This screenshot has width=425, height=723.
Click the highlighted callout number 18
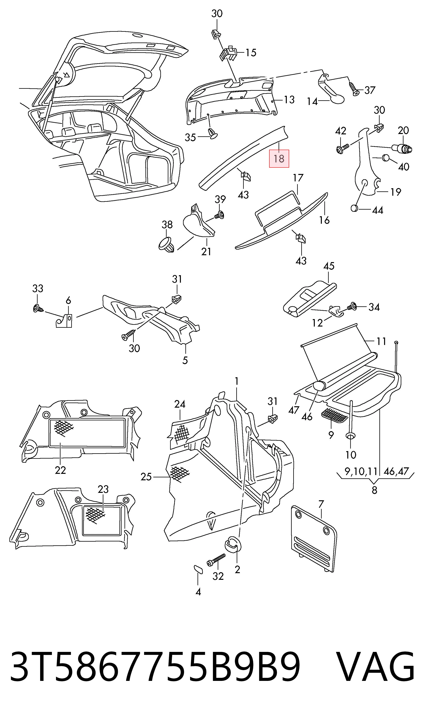[279, 159]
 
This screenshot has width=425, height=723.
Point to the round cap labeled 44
[355, 208]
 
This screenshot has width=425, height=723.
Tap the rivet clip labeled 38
[167, 245]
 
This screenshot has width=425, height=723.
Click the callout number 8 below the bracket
[374, 490]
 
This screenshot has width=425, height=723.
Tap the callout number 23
[103, 489]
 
